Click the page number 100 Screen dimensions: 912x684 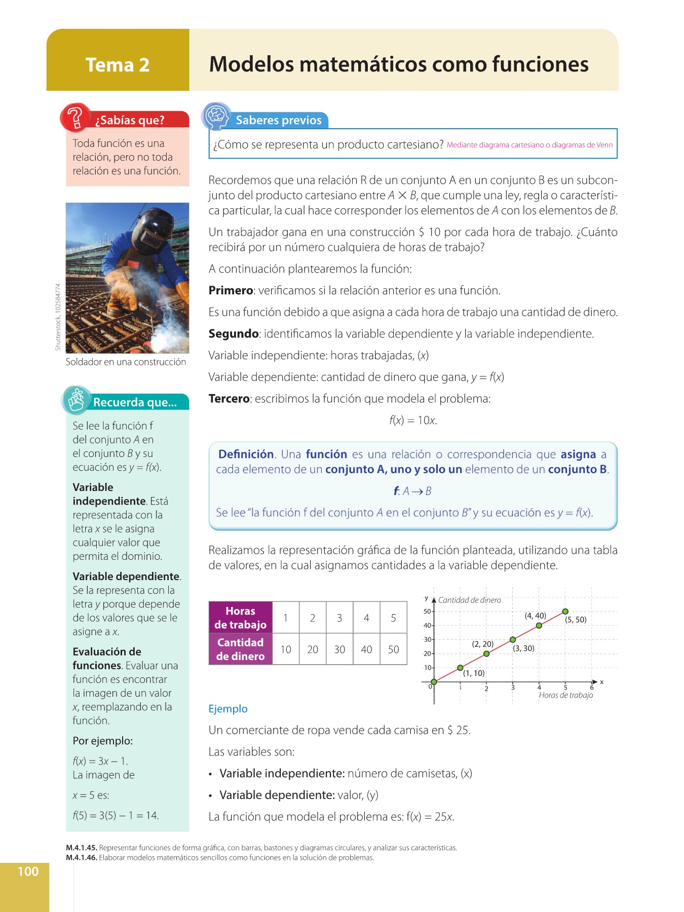(x=28, y=871)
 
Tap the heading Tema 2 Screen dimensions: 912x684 (x=118, y=65)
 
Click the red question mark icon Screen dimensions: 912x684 (x=75, y=118)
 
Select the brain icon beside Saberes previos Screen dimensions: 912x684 (x=217, y=116)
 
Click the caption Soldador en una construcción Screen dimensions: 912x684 (x=126, y=362)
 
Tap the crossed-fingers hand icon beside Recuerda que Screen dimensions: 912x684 (x=77, y=400)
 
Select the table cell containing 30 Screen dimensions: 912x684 (x=339, y=649)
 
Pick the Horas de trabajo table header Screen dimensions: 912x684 (x=241, y=618)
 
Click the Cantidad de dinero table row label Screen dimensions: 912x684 (x=241, y=649)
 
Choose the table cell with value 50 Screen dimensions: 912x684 (x=393, y=649)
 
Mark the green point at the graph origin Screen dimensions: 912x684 (x=434, y=682)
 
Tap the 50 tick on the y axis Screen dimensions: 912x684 (x=427, y=612)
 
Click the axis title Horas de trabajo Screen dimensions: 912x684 (x=565, y=695)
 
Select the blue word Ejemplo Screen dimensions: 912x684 (x=228, y=709)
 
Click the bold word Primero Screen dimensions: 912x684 (x=231, y=290)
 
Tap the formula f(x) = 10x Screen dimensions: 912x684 (x=413, y=421)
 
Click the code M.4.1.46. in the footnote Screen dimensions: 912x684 (x=82, y=858)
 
